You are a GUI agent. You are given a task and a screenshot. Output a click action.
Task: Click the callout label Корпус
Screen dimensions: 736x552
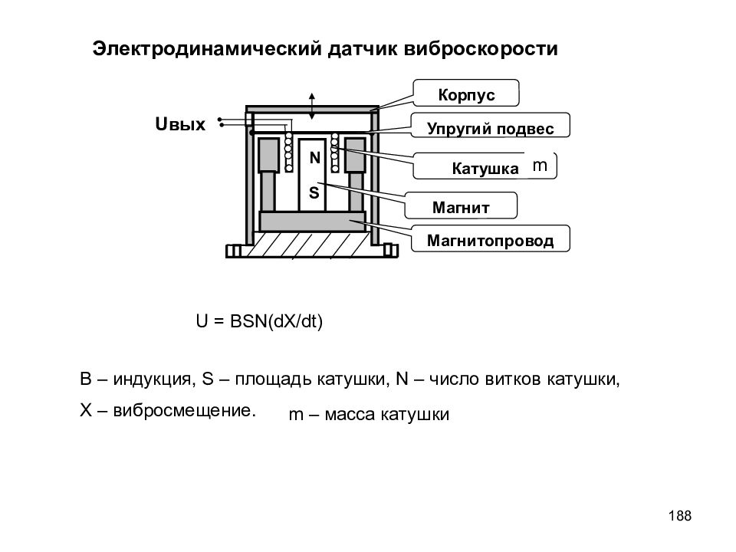pos(466,94)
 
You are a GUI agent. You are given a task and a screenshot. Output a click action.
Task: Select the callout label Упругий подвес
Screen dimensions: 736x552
pos(490,128)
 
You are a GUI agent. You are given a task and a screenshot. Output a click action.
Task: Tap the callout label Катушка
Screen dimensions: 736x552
pos(485,169)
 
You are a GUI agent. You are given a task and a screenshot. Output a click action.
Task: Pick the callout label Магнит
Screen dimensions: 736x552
pos(461,207)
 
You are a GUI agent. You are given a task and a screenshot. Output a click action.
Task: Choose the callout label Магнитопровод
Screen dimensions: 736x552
pos(490,240)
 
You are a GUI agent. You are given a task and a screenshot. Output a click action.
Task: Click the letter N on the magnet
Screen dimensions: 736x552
pos(314,158)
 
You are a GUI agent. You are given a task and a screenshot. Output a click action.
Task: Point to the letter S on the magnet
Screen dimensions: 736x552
pos(314,192)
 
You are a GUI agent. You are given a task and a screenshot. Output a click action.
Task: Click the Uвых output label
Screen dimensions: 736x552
pos(180,124)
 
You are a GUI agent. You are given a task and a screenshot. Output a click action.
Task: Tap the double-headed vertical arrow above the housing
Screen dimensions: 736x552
pos(312,106)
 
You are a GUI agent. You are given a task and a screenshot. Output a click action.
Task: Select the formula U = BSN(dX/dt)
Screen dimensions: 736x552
pos(259,321)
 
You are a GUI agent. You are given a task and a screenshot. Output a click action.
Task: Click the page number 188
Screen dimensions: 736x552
pos(680,515)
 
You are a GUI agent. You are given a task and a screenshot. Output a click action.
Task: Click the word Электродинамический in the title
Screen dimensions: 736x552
pos(207,48)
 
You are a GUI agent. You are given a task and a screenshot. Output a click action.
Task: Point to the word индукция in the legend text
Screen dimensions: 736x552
pos(152,379)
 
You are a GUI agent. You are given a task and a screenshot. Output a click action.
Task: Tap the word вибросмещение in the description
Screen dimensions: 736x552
pos(184,411)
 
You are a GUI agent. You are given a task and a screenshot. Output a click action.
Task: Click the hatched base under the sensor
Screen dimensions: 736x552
pos(312,245)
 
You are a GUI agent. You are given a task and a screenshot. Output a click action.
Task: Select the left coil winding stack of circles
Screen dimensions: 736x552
pos(288,152)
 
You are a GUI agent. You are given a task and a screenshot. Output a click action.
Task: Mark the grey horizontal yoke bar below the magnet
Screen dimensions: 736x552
pos(312,222)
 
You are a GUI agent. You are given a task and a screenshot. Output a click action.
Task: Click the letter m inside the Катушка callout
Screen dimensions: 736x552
pos(540,166)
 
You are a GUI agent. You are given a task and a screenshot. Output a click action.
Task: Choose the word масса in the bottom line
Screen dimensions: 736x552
pos(350,415)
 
